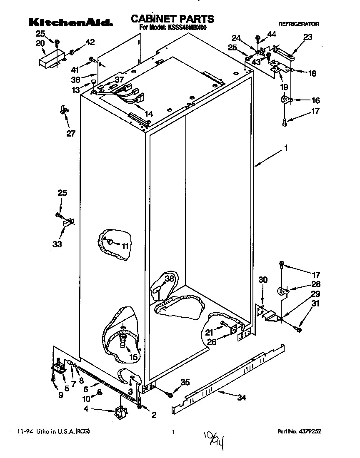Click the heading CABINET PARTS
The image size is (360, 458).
pyautogui.click(x=172, y=19)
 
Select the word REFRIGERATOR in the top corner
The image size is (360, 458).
pyautogui.click(x=298, y=24)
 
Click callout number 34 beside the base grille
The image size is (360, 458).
pyautogui.click(x=241, y=398)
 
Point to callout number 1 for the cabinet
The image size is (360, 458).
pyautogui.click(x=286, y=147)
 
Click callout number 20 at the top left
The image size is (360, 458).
pyautogui.click(x=40, y=43)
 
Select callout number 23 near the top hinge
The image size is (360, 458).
pyautogui.click(x=307, y=37)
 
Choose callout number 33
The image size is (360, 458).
pyautogui.click(x=57, y=244)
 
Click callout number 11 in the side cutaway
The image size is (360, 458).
pyautogui.click(x=125, y=246)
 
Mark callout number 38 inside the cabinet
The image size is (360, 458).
pyautogui.click(x=169, y=279)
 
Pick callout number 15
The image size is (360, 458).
pyautogui.click(x=133, y=356)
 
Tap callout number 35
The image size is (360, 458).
pyautogui.click(x=185, y=383)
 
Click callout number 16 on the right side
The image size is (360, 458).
pyautogui.click(x=316, y=100)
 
